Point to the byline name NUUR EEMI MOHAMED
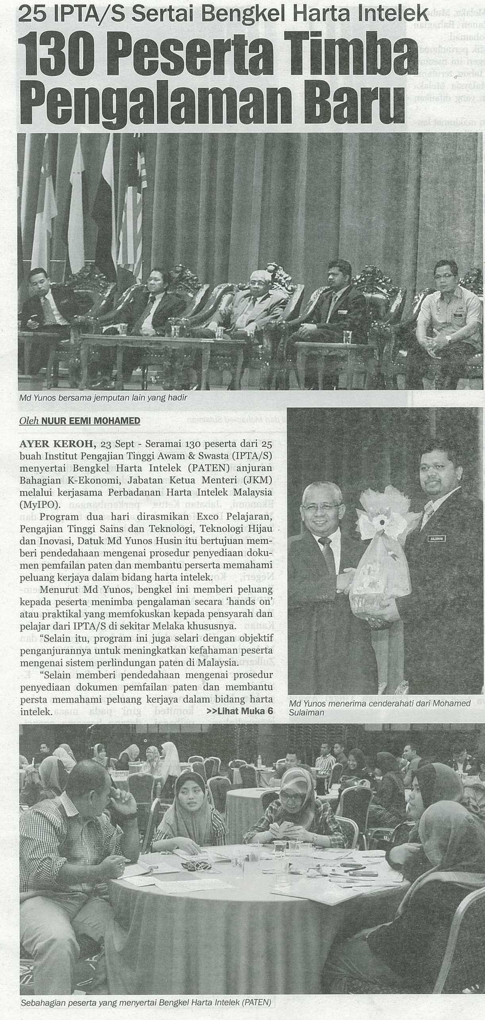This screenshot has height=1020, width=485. tap(93, 421)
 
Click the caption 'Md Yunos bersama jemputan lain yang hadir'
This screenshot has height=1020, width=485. tap(103, 397)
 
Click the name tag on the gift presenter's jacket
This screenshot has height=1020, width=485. tap(437, 539)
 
